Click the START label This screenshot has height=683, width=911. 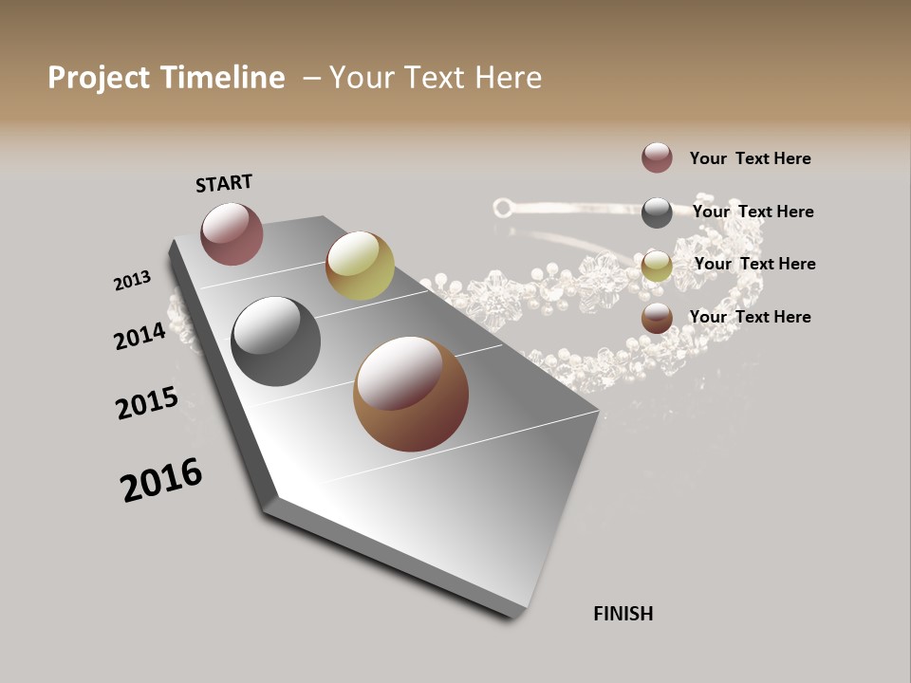224,183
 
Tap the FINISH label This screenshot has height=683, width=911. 623,614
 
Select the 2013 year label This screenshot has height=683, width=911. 132,281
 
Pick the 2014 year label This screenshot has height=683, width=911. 139,336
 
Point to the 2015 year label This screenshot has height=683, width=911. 147,403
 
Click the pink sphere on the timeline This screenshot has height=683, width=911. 232,233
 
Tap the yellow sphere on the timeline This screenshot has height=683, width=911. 360,266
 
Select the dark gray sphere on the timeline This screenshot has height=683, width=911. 275,341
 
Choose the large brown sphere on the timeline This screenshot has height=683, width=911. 411,394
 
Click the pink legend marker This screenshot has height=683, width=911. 657,158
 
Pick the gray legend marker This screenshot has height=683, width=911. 657,212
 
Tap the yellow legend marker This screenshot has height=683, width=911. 657,266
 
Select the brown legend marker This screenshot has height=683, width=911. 657,319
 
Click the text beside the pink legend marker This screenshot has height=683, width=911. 750,159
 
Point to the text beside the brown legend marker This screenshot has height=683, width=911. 750,317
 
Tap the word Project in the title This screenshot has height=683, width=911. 99,78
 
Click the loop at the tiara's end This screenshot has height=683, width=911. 502,206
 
